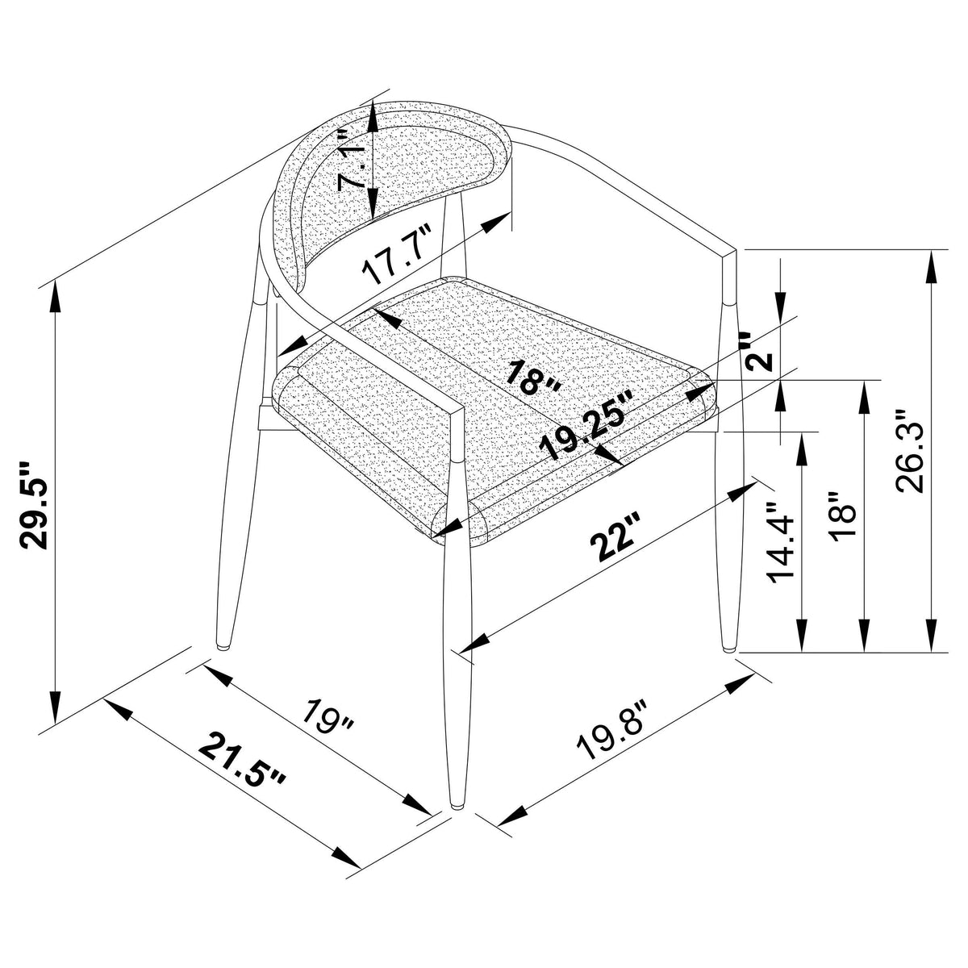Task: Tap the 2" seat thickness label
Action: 758,351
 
